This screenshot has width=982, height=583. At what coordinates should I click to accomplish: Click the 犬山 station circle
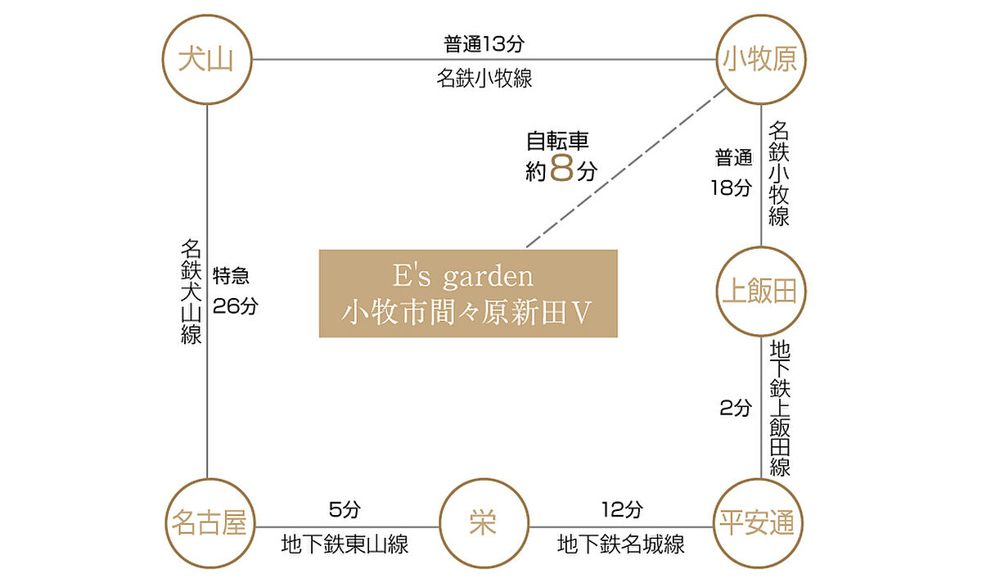tap(206, 60)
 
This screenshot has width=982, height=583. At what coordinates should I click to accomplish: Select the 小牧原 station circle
tap(761, 60)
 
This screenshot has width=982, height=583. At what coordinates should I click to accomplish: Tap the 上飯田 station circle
tap(761, 291)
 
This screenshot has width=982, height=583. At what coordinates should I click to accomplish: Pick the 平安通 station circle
tap(761, 524)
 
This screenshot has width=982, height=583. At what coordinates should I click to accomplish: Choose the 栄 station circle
tap(484, 524)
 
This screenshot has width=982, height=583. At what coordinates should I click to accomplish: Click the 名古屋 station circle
tap(208, 524)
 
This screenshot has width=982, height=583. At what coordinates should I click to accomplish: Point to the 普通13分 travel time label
tap(483, 43)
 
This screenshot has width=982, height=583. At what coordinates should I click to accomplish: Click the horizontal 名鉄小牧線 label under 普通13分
tap(483, 79)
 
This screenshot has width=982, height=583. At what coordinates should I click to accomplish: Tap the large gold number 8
tap(562, 170)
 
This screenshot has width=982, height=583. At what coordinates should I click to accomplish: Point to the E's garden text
tap(468, 276)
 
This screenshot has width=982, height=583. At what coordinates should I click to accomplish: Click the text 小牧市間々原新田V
tap(468, 314)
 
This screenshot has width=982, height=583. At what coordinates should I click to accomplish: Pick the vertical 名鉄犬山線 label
tap(191, 291)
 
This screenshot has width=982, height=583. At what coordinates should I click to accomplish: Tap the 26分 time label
tap(235, 306)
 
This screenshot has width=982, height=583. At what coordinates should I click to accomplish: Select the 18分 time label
tap(731, 188)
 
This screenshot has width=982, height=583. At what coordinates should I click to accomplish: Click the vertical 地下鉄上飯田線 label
tap(779, 409)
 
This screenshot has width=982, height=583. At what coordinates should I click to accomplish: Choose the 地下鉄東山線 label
tap(345, 545)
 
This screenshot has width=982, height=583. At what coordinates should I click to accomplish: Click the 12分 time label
tap(622, 510)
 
